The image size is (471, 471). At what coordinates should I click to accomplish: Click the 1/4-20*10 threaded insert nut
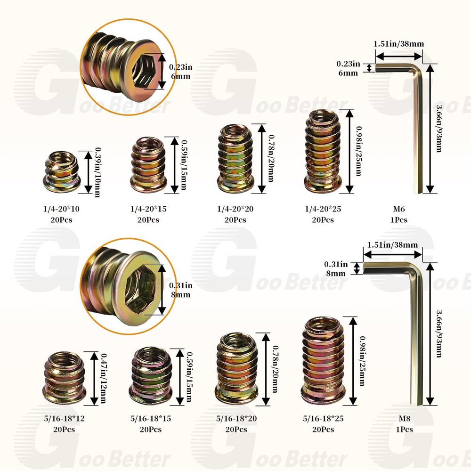(61, 171)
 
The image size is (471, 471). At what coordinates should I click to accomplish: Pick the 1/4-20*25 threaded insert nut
(323, 150)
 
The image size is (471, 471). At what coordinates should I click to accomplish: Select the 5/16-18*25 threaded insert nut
(324, 361)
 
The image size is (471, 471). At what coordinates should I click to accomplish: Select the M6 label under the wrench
(399, 209)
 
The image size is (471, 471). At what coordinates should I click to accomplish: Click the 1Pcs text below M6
(399, 219)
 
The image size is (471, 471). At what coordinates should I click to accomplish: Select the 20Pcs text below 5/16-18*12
(64, 429)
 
